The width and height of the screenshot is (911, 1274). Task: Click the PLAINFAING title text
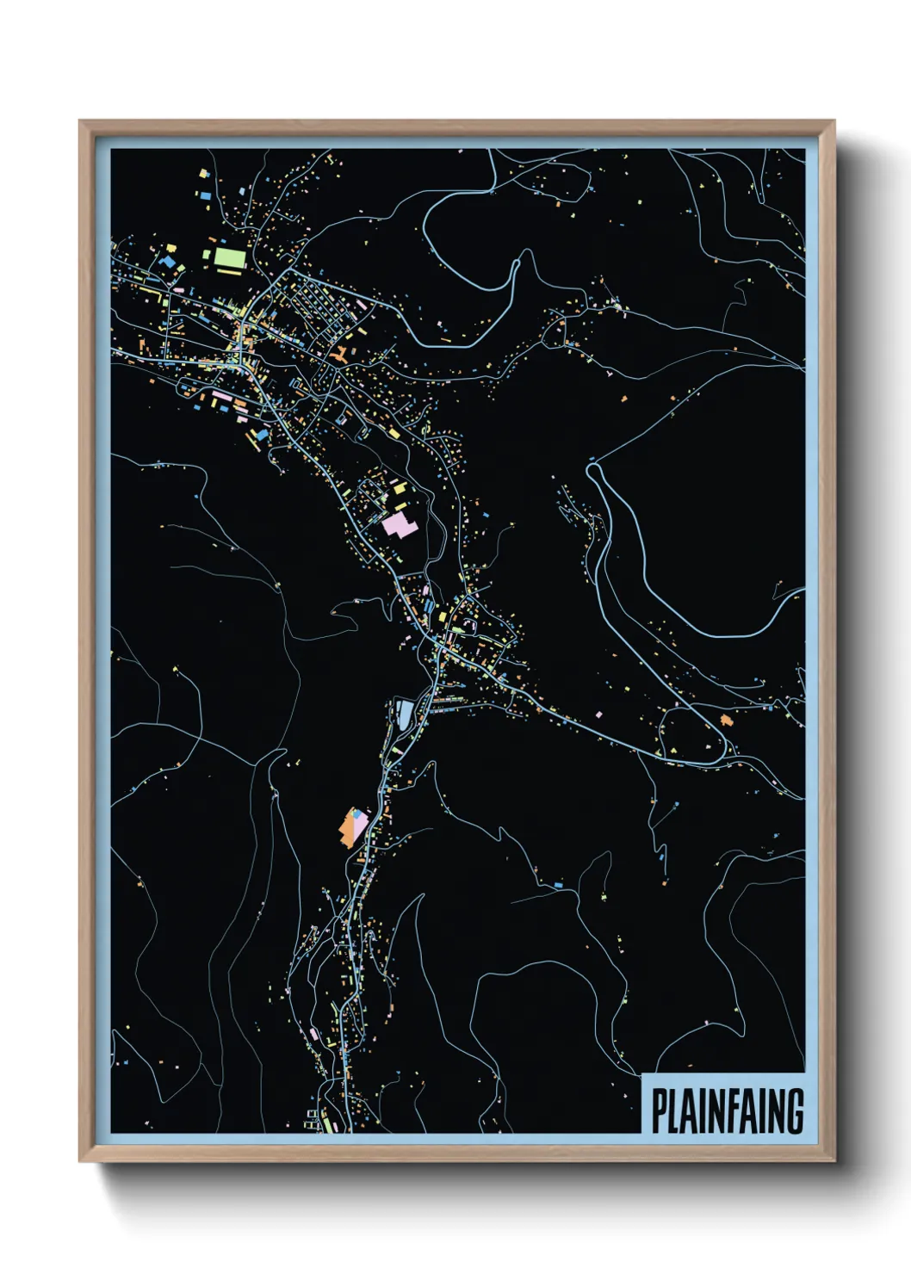pos(727,1111)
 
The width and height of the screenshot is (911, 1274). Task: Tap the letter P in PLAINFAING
pos(659,1111)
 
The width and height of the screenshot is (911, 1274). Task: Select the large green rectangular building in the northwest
pos(229,257)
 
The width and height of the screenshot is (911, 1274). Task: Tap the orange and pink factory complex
pos(354,826)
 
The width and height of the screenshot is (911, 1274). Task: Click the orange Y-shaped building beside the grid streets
pos(338,353)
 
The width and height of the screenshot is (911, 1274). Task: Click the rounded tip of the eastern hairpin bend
pos(592,469)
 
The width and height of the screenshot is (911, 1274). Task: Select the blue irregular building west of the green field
pos(169,258)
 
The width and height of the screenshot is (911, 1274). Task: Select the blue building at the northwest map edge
pos(206,195)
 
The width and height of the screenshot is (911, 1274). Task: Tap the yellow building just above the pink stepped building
pos(400,488)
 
